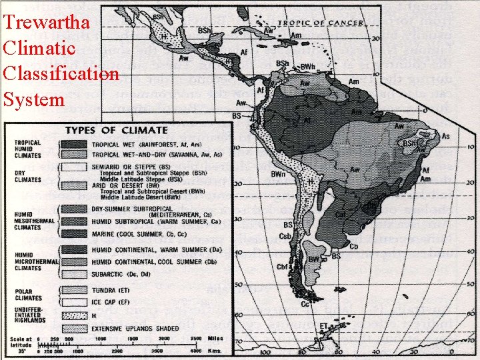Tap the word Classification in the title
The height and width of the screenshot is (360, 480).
pyautogui.click(x=61, y=74)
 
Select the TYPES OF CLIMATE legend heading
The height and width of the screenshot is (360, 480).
pyautogui.click(x=116, y=130)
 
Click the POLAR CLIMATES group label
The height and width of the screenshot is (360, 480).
pyautogui.click(x=27, y=294)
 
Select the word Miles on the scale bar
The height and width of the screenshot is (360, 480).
pyautogui.click(x=215, y=339)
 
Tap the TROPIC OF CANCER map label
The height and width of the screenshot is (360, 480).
pyautogui.click(x=321, y=23)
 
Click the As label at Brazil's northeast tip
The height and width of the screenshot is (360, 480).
pyautogui.click(x=445, y=137)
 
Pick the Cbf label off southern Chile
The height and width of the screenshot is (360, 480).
pyautogui.click(x=283, y=267)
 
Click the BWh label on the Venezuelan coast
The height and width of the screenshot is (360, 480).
pyautogui.click(x=307, y=67)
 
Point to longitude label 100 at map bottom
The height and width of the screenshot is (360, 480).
pyautogui.click(x=265, y=351)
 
